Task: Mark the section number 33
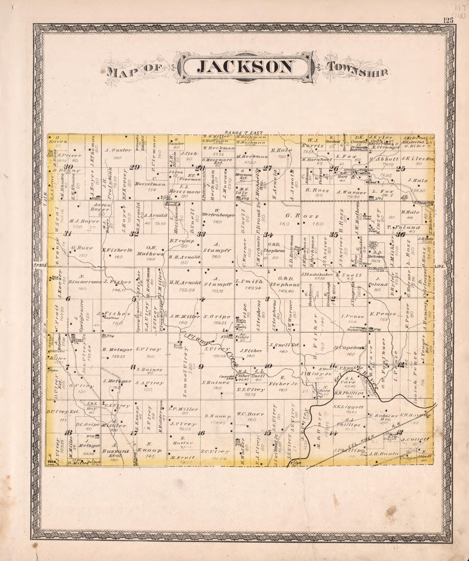[201, 235]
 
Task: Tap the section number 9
[201, 366]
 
